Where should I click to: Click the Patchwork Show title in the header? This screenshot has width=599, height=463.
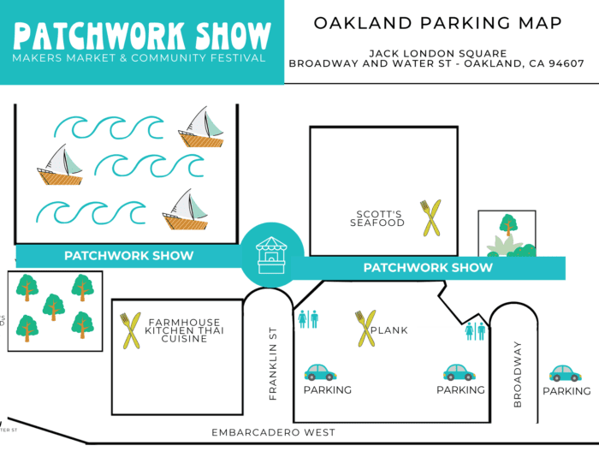click(x=141, y=34)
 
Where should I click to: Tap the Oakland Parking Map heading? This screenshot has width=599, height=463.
click(x=437, y=23)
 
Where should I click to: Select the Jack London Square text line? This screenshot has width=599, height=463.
click(x=437, y=53)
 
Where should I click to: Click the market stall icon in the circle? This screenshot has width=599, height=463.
click(x=271, y=254)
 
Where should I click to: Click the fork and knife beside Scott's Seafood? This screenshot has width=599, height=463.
click(x=430, y=217)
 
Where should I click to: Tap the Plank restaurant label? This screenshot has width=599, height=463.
click(x=390, y=330)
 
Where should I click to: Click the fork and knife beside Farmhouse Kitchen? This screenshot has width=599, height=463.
click(x=131, y=330)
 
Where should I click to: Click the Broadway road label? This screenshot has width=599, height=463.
click(x=517, y=374)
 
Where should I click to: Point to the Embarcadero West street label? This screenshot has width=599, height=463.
click(x=273, y=433)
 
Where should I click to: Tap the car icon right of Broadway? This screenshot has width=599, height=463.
click(x=565, y=373)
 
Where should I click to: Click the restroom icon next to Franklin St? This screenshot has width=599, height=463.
click(x=308, y=319)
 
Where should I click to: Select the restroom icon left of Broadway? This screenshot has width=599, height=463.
click(x=475, y=330)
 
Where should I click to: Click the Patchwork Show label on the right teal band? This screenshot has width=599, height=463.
click(x=428, y=268)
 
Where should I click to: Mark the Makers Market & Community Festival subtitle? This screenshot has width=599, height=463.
click(x=139, y=58)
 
